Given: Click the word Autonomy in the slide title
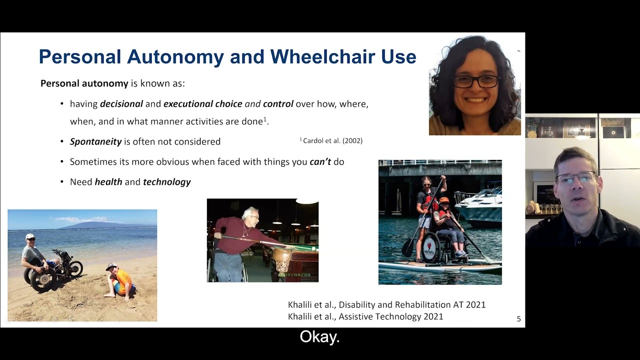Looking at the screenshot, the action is [x=175, y=57].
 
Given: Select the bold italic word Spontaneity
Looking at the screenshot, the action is [x=95, y=141].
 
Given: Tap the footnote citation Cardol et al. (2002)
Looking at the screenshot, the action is [x=331, y=140].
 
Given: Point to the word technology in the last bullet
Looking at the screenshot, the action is [x=167, y=182].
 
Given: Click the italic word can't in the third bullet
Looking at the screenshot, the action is [x=320, y=161].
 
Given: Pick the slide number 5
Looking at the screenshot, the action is [x=519, y=318].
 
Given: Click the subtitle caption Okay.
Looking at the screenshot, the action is [x=319, y=336].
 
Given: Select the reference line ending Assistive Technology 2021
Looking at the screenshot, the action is [x=365, y=316].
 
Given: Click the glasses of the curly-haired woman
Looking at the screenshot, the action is [x=476, y=81].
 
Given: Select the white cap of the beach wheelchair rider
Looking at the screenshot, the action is [x=29, y=236].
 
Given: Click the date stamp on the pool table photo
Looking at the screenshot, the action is [x=293, y=275].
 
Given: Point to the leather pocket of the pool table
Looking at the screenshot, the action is [x=281, y=260].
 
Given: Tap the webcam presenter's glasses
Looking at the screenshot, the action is [x=576, y=177].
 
